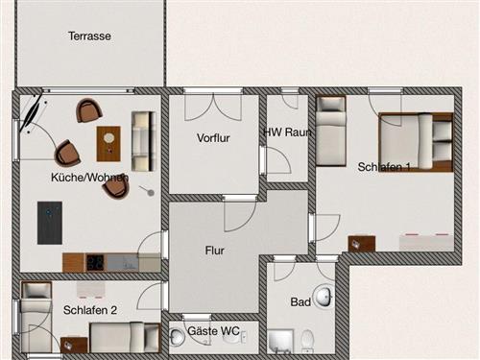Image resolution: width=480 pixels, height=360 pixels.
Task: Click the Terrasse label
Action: [x=89, y=36]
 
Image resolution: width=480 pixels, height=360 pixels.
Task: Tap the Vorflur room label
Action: [x=213, y=138]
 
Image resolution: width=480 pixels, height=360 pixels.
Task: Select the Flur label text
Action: [x=215, y=251]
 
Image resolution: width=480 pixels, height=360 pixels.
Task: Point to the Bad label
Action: [x=300, y=301]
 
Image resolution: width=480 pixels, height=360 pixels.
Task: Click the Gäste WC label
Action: [x=213, y=331]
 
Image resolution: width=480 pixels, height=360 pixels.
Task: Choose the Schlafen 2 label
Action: [x=90, y=310]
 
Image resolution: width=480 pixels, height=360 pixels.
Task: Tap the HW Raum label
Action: [x=287, y=132]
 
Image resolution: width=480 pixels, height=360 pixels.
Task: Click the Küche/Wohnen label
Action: [x=90, y=178]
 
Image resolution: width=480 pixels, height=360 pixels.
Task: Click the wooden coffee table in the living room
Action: [x=108, y=144]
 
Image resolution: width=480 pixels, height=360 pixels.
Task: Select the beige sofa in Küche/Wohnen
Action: [x=144, y=141]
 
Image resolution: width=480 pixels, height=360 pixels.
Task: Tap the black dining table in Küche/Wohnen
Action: [x=50, y=223]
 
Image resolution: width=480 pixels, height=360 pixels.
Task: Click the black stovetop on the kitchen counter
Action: [x=95, y=262]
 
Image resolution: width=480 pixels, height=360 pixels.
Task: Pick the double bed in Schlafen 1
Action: [x=416, y=142]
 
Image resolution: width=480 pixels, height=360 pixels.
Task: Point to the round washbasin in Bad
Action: [x=324, y=296]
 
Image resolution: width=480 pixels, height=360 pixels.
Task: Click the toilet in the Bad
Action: [x=308, y=341]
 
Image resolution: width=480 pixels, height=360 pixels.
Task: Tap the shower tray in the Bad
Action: [x=280, y=342]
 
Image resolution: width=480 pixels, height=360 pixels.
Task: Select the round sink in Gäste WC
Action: [x=176, y=337]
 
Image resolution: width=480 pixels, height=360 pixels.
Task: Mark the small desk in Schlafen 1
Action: [x=362, y=244]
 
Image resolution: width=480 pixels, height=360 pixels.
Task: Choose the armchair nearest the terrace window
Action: [x=89, y=110]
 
